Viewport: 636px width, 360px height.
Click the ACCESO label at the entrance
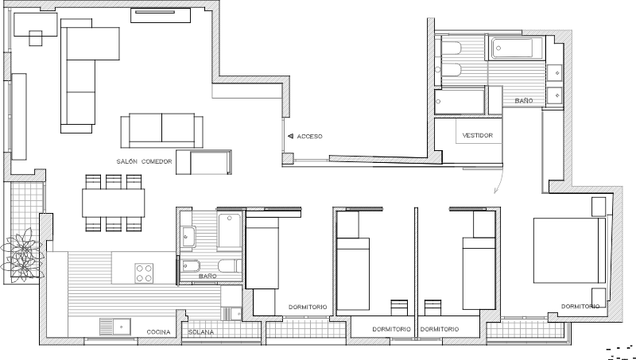309,137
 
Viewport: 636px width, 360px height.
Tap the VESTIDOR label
478,135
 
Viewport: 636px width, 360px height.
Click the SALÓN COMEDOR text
145,161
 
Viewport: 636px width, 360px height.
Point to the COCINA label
158,332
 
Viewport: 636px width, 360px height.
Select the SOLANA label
201,332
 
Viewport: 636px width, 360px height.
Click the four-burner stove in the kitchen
144,273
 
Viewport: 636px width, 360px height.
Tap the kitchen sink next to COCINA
115,327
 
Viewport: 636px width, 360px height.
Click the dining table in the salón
114,203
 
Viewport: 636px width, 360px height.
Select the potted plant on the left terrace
22,255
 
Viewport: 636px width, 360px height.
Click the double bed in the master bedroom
569,250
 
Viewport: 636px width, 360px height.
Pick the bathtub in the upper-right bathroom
513,48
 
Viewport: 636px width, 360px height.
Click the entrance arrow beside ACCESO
290,136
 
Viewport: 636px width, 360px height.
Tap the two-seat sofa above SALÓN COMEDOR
162,130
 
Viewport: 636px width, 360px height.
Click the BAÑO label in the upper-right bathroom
524,101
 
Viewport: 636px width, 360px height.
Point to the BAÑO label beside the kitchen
207,276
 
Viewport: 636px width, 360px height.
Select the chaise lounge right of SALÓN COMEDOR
204,162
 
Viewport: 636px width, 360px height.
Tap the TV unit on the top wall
161,15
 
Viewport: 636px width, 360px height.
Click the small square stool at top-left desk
36,38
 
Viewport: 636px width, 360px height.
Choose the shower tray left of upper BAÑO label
460,102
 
